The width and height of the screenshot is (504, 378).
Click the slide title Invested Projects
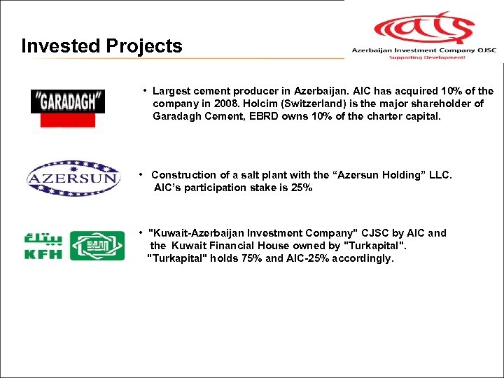click(x=101, y=46)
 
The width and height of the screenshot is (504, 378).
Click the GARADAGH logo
click(x=68, y=101)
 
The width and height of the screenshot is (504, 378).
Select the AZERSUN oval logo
click(x=73, y=178)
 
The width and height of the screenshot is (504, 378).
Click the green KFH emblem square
click(x=97, y=246)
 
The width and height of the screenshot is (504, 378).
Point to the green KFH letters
click(x=43, y=253)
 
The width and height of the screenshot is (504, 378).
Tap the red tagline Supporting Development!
click(x=426, y=58)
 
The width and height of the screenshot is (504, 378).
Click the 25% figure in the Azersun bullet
click(x=301, y=188)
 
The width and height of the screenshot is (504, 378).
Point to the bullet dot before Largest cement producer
click(x=144, y=90)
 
